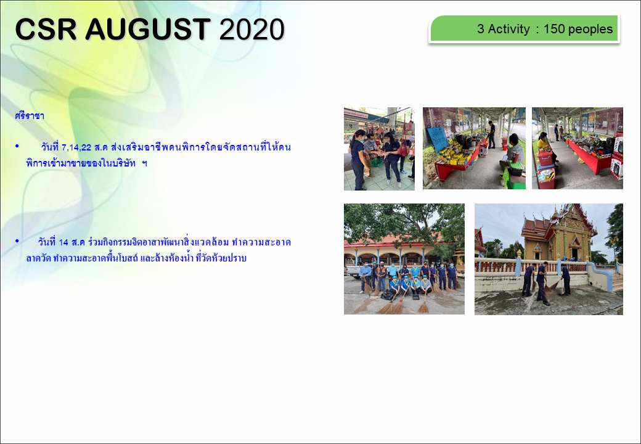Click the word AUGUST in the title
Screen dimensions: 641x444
point(148,29)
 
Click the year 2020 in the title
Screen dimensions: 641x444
point(251,30)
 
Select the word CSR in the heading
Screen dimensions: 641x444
point(46,29)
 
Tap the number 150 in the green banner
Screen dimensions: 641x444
point(554,29)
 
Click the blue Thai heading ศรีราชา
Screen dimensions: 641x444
point(30,116)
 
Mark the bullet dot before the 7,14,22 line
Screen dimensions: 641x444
point(17,146)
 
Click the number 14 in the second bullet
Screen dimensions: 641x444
point(63,242)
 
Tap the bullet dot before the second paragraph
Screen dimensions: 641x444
point(17,241)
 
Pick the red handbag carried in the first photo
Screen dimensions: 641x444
point(404,150)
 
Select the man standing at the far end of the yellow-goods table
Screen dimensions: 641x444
point(491,134)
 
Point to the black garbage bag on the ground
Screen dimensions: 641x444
point(386,295)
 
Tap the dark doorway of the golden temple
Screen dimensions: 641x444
point(575,254)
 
